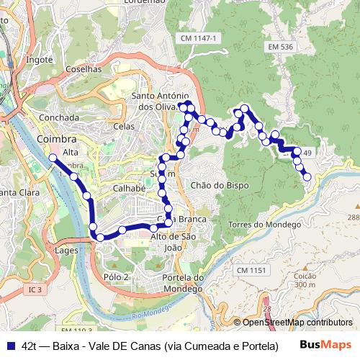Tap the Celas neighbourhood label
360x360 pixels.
click(x=124, y=126)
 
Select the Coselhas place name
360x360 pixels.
click(x=84, y=69)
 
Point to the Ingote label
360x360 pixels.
click(x=40, y=60)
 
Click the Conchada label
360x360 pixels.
click(x=60, y=117)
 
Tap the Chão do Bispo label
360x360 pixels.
click(x=220, y=185)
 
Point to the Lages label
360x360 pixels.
click(x=66, y=251)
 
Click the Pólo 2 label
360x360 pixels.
click(x=115, y=276)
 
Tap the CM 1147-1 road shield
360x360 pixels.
click(x=199, y=37)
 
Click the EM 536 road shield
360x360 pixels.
click(x=280, y=47)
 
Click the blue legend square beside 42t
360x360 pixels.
click(x=10, y=345)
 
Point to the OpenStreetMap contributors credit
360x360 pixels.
click(x=297, y=323)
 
